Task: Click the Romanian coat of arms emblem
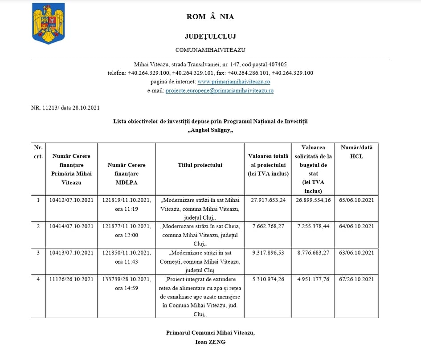click(x=49, y=23)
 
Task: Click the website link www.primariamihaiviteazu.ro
click(x=233, y=82)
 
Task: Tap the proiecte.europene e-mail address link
click(x=219, y=90)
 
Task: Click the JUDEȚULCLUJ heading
click(x=210, y=36)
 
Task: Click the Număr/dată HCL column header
click(x=356, y=152)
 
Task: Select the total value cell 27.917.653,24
click(x=268, y=200)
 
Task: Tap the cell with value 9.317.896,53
click(x=268, y=253)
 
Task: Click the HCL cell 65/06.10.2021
click(x=356, y=200)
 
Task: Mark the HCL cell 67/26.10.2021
click(x=356, y=279)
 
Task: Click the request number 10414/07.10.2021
click(x=71, y=226)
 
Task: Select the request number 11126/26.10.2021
click(x=71, y=279)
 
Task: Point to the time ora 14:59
click(x=127, y=288)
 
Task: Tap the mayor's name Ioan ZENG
click(x=210, y=342)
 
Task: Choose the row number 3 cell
click(x=38, y=253)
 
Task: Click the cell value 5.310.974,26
click(x=268, y=279)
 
